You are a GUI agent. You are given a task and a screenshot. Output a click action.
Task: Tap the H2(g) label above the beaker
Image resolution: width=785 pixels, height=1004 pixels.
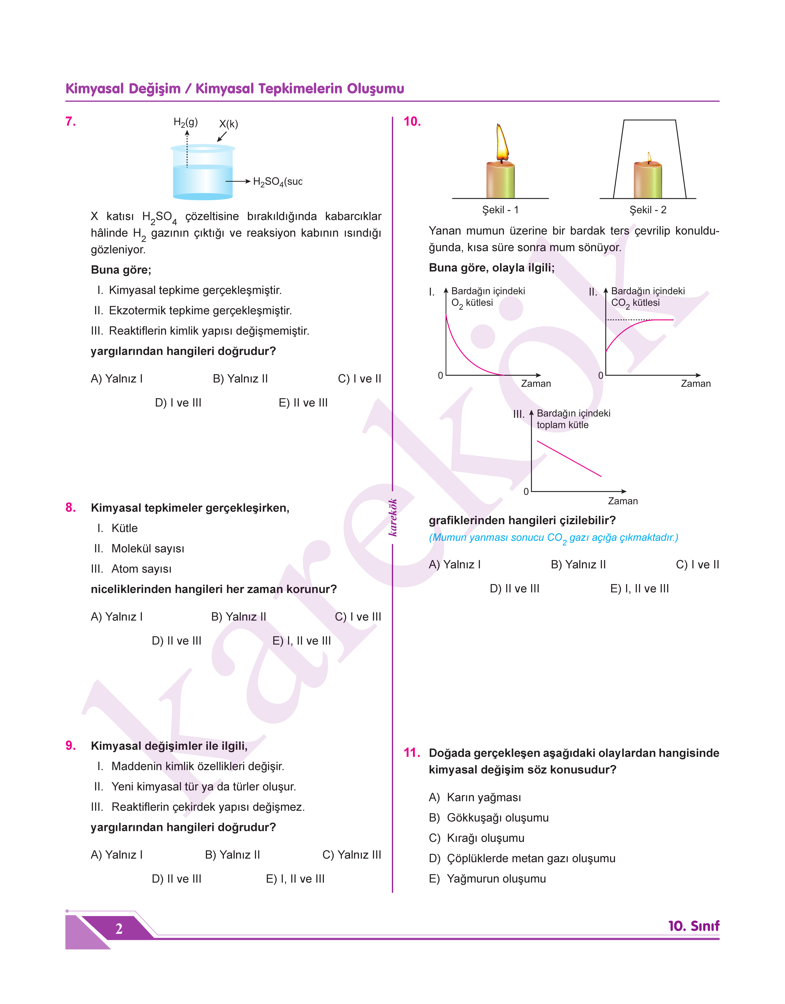click(x=185, y=122)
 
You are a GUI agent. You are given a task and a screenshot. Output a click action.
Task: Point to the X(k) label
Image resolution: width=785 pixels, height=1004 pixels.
click(x=228, y=124)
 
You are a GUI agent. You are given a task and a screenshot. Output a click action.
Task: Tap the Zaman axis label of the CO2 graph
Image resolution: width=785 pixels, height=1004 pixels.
click(x=695, y=384)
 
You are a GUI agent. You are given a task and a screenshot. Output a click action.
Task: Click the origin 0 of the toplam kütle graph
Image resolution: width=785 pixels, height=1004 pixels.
click(x=526, y=492)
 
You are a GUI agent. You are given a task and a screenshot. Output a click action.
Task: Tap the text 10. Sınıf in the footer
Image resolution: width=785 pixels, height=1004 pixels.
click(x=694, y=926)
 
